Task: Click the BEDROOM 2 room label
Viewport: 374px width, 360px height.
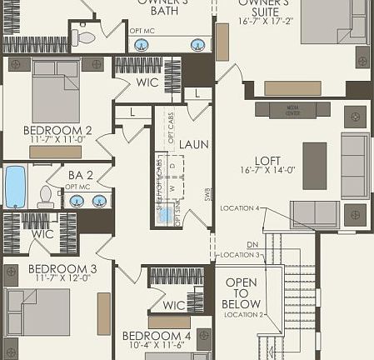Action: (57, 131)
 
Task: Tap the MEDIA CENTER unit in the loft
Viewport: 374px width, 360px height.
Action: (292, 109)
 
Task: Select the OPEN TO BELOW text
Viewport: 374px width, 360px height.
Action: (242, 293)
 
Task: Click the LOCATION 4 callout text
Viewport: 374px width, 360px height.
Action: (240, 207)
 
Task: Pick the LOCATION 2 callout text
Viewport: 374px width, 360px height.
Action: (243, 314)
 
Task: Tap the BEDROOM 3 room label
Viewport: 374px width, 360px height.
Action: (62, 268)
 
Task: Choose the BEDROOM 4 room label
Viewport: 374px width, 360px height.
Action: (157, 335)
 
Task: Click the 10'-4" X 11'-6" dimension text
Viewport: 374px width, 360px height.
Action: (157, 346)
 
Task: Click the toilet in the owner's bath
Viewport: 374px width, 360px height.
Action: (85, 37)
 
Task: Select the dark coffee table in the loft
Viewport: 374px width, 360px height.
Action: (314, 159)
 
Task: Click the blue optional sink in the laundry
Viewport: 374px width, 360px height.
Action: (167, 214)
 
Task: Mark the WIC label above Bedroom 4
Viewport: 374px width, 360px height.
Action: (174, 305)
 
